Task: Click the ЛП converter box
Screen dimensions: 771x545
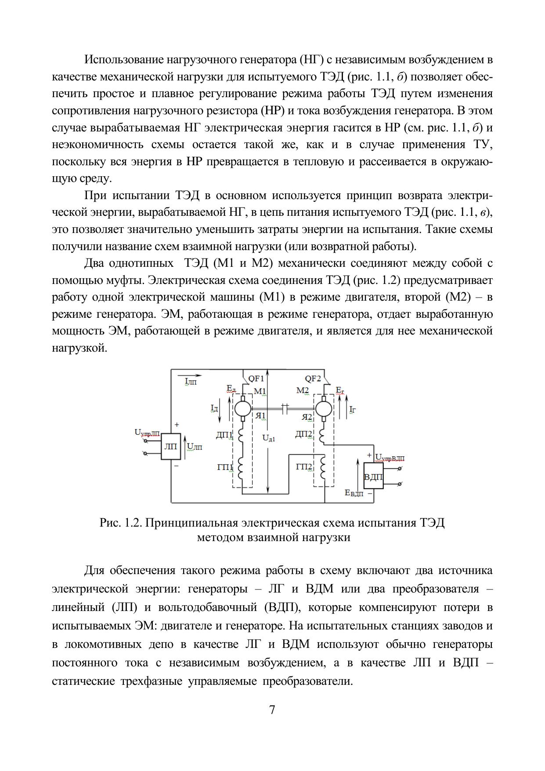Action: [170, 447]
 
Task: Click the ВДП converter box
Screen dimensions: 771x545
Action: [373, 476]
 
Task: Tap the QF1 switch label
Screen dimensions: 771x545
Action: [256, 378]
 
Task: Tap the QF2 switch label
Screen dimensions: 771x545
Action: [313, 378]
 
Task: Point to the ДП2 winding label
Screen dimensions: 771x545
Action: [304, 434]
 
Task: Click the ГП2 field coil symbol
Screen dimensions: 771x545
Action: [324, 469]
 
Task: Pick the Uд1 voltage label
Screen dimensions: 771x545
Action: [268, 438]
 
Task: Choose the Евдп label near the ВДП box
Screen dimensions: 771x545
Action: [354, 493]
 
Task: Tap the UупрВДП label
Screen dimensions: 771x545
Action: [390, 458]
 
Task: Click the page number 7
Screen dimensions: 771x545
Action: [272, 710]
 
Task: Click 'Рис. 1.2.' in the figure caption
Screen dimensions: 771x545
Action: [121, 523]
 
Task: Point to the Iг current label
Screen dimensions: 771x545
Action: [352, 410]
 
